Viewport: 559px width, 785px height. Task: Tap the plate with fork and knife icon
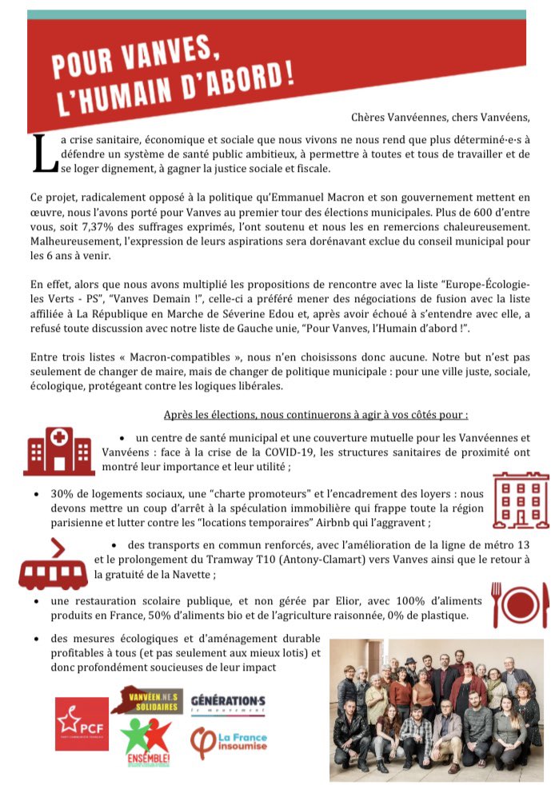(x=520, y=605)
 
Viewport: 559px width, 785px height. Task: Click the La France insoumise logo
(x=229, y=743)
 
